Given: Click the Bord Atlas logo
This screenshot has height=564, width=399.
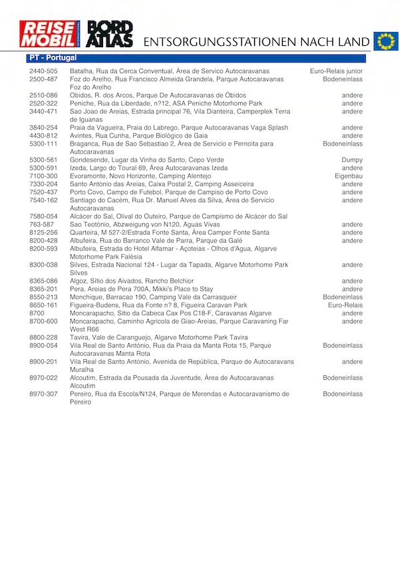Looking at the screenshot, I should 110,35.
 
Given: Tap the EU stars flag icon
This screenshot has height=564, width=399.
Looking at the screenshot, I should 384,41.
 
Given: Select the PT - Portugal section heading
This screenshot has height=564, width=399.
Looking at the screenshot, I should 53,59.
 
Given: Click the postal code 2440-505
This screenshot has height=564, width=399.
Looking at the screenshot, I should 43,71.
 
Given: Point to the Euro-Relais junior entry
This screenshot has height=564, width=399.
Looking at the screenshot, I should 336,71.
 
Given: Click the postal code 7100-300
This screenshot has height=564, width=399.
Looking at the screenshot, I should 43,176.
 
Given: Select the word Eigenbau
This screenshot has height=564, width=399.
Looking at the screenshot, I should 348,176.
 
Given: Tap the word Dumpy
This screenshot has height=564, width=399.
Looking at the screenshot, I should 352,160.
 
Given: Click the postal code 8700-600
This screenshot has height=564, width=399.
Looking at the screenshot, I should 43,321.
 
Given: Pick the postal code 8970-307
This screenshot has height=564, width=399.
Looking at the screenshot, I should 43,394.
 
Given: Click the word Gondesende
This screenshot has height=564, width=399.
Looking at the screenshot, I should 89,160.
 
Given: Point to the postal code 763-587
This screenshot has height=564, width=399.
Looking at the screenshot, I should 41,224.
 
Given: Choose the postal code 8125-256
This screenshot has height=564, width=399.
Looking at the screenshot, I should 43,232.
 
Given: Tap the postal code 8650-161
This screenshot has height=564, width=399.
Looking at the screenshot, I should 43,305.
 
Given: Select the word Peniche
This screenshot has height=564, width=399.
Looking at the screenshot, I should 82,103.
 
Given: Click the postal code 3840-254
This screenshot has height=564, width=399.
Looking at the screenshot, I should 43,128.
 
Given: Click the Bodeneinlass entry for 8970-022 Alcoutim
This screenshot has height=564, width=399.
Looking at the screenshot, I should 342,378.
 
